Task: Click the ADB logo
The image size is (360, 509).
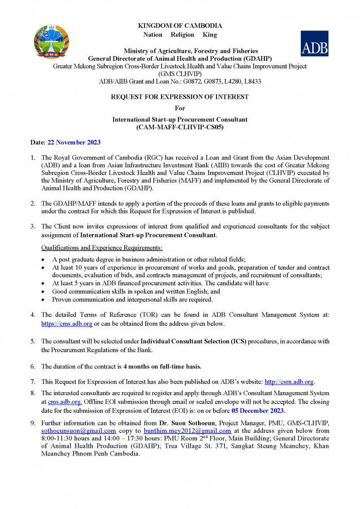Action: [314, 43]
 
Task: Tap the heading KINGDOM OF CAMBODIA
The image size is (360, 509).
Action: [180, 25]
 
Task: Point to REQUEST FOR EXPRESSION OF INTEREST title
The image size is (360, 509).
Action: [180, 96]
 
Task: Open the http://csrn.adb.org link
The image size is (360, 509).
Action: [289, 381]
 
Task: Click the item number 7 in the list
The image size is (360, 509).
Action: [33, 381]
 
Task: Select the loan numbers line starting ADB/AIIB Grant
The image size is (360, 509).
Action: [180, 81]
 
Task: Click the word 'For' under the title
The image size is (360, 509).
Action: [180, 108]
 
